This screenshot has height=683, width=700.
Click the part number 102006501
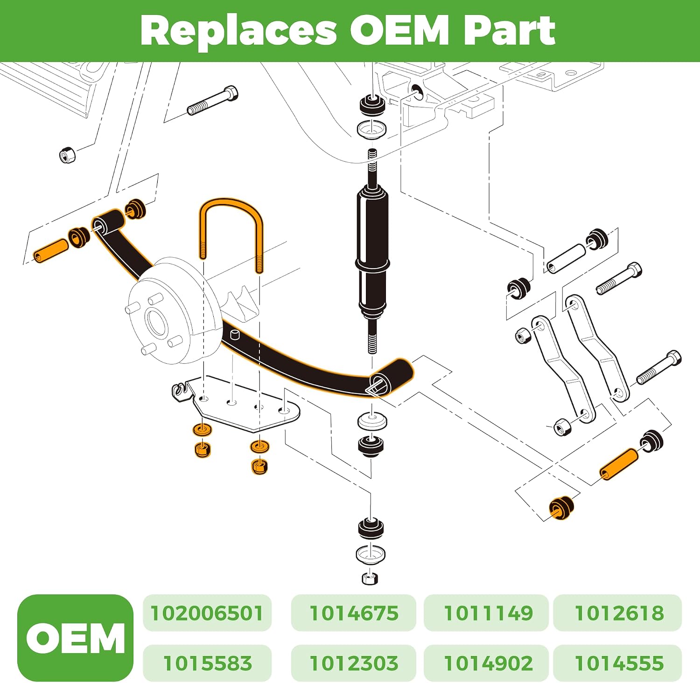(207, 613)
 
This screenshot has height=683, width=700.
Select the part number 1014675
(354, 613)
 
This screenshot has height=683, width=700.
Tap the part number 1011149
(488, 613)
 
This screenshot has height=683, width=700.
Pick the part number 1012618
(619, 613)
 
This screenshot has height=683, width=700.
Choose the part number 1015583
(207, 663)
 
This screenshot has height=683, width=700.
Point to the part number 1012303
(354, 663)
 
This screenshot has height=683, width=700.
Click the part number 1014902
(488, 663)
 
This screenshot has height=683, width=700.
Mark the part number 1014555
(619, 663)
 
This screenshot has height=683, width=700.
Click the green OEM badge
(75, 638)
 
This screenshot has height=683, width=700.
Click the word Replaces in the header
(238, 30)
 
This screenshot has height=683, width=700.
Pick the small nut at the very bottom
(370, 579)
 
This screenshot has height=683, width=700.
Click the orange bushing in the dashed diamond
(561, 508)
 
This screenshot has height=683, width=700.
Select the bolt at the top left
(213, 101)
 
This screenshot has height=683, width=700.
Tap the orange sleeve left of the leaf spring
(50, 250)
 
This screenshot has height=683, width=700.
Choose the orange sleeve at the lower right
(619, 464)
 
